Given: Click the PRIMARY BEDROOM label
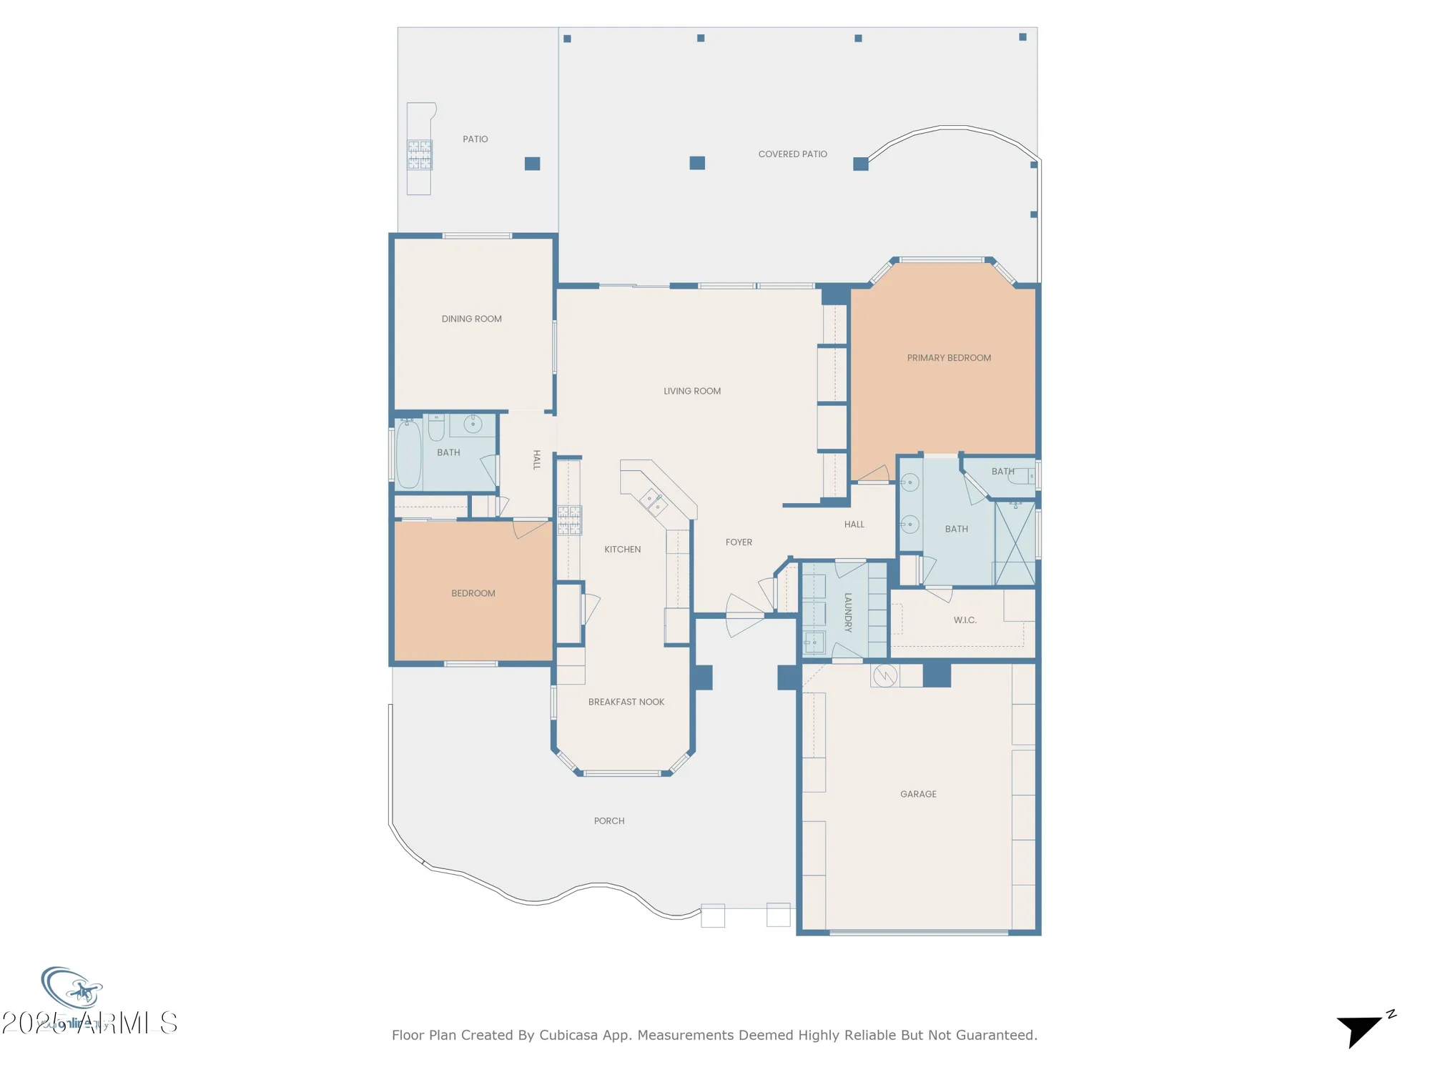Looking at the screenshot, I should click(949, 358).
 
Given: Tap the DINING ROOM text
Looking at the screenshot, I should click(471, 319).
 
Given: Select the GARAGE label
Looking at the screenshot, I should click(918, 794).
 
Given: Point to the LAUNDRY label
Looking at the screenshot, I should click(848, 612).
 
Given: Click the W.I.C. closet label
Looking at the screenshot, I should click(965, 620).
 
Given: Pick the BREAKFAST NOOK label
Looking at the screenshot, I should click(626, 702).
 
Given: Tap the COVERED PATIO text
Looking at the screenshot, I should click(792, 154).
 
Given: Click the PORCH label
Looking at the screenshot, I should click(609, 821).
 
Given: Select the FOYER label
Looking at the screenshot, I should click(739, 542).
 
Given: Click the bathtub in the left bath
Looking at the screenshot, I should click(408, 455).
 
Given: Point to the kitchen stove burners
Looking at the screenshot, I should click(569, 520).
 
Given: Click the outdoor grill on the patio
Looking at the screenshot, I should click(420, 155).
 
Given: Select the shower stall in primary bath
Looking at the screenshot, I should click(1015, 543).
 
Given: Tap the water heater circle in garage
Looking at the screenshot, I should click(885, 675).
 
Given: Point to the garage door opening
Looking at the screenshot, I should click(919, 932).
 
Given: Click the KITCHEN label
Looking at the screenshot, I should click(622, 550).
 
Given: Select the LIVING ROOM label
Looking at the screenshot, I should click(691, 391).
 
